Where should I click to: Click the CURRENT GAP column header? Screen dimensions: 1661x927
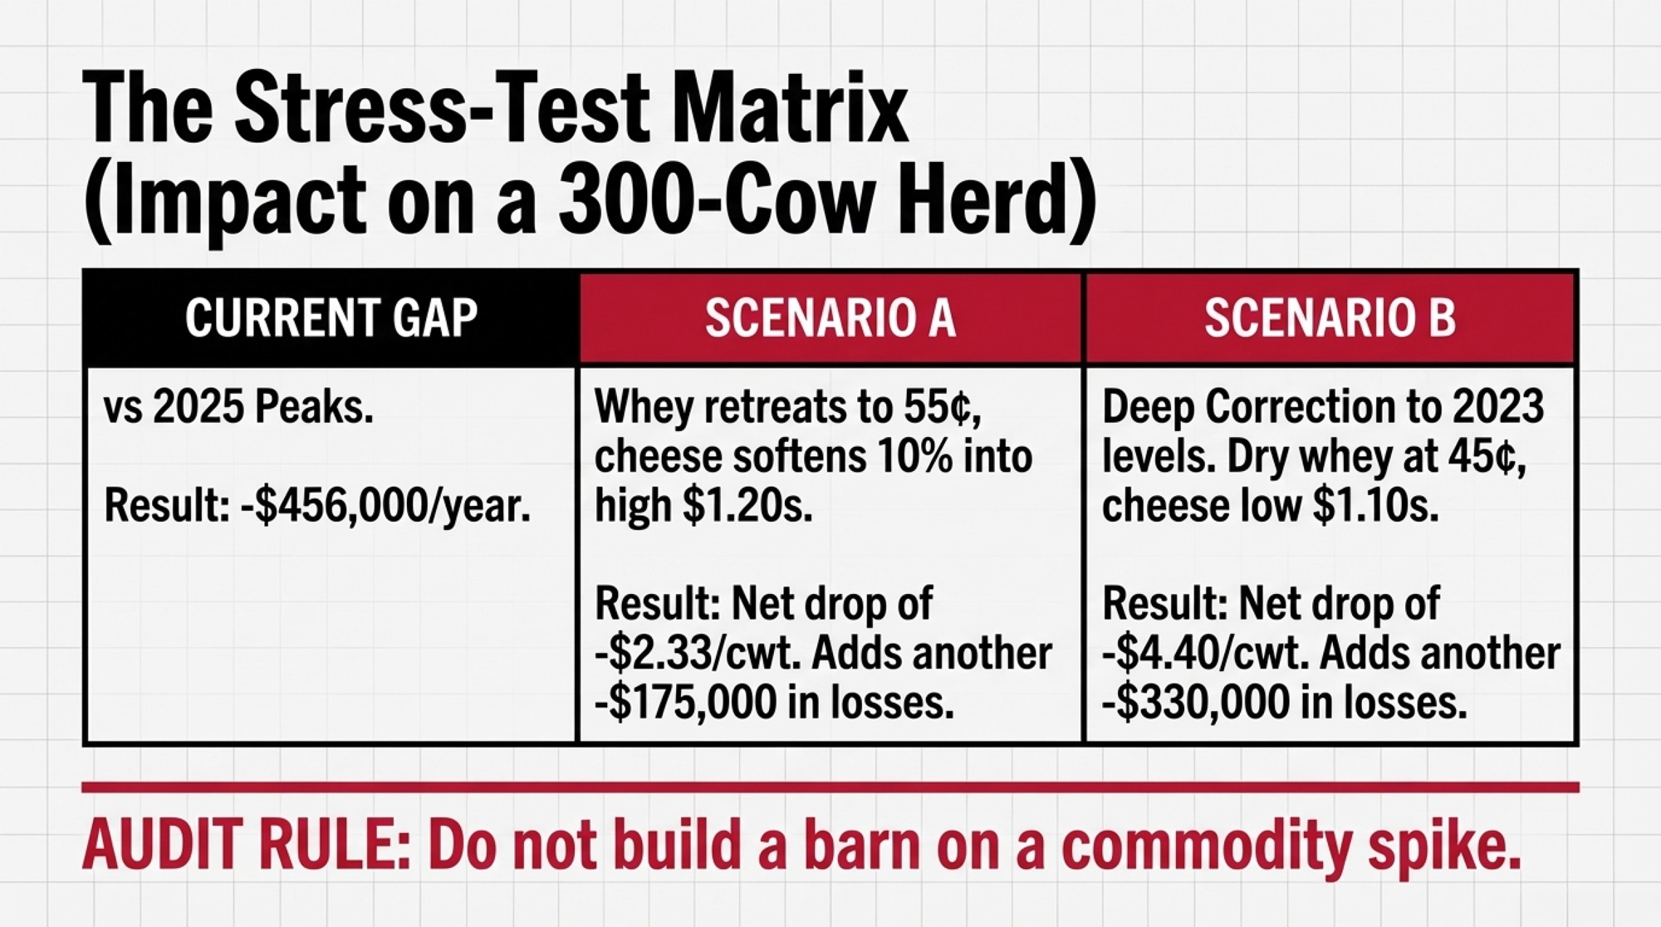coord(331,317)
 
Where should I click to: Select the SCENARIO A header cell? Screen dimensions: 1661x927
coord(830,317)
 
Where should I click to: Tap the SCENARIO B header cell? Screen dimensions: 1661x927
coord(1330,317)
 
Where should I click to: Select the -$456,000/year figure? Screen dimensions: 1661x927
coord(385,505)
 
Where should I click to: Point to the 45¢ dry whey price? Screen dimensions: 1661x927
coord(1486,458)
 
